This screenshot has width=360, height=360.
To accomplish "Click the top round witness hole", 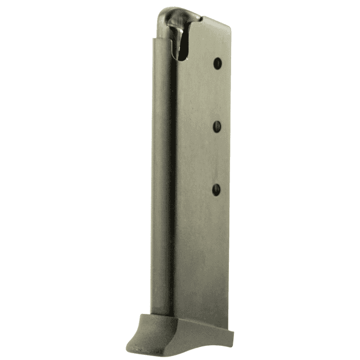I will [217, 64].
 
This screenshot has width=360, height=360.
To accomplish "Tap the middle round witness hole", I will [217, 127].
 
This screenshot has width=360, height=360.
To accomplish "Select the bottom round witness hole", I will [217, 190].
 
